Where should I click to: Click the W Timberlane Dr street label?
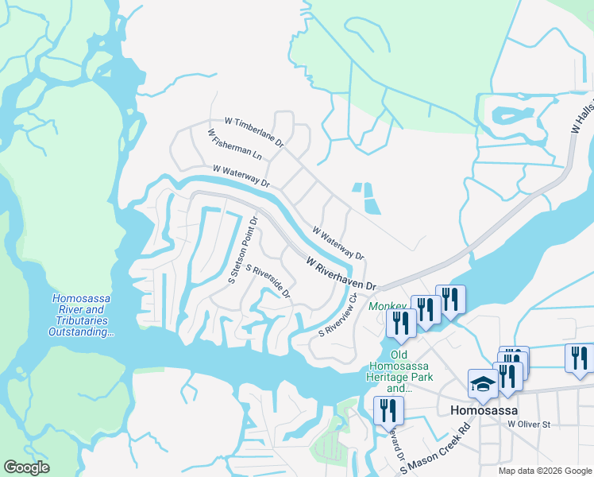[x=254, y=132]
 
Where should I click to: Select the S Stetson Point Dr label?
[x=244, y=250]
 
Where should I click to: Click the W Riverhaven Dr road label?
[x=341, y=272]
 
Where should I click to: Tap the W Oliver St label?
[x=528, y=425]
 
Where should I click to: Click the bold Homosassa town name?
[x=484, y=410]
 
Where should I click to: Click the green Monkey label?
[x=386, y=305]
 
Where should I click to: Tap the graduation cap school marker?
[x=483, y=383]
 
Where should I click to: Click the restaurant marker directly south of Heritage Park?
[x=388, y=409]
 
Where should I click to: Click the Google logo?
[x=26, y=467]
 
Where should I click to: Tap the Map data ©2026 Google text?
[x=545, y=471]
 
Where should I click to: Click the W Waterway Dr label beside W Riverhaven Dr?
[x=337, y=244]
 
